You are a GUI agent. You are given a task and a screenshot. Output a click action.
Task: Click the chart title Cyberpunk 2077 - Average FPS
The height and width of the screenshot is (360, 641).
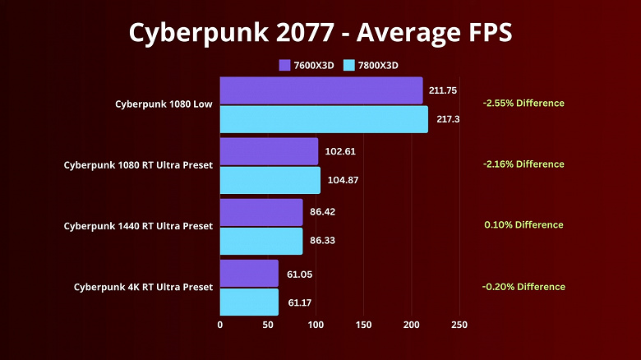coord(320,32)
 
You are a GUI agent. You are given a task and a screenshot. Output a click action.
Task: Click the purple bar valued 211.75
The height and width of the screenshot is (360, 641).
coord(321,90)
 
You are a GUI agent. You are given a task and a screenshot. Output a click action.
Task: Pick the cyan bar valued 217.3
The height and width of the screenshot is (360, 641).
coord(324,119)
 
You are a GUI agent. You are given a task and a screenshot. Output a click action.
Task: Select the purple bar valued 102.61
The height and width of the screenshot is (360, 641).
coord(269,151)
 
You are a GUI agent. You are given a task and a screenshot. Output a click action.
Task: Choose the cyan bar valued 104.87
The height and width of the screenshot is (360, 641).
coord(270,180)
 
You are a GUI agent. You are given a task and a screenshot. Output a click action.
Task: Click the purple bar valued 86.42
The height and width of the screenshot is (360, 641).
coord(261,212)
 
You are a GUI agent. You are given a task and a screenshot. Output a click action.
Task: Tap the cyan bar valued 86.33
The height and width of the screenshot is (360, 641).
coord(261,241)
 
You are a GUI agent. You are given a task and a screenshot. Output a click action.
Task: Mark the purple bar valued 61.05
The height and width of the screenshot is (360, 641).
coord(249,273)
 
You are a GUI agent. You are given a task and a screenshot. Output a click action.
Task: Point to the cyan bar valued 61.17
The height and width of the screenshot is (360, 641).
coord(249,302)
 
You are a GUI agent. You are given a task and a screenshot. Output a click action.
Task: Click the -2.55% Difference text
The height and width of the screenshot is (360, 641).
coord(523,104)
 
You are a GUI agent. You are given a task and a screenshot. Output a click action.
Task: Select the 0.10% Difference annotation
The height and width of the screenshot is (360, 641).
coord(523,225)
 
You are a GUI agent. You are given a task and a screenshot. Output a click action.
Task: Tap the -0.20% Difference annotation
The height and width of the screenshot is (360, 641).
coord(523,287)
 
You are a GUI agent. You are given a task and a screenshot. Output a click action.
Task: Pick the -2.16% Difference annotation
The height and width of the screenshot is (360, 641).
coord(523,164)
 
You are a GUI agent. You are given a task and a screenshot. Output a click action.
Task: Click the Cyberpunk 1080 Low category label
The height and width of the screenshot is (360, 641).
coord(164,104)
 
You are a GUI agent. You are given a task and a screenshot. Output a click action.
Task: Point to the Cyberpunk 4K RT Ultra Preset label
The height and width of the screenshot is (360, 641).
coord(143,287)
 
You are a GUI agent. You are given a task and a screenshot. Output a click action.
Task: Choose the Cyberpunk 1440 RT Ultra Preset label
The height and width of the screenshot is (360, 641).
coord(138,226)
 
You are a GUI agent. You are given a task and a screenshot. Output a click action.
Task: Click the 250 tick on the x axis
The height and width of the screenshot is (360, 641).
coord(459,325)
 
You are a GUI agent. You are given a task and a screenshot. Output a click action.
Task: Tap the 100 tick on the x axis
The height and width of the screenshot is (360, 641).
coord(316,325)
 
